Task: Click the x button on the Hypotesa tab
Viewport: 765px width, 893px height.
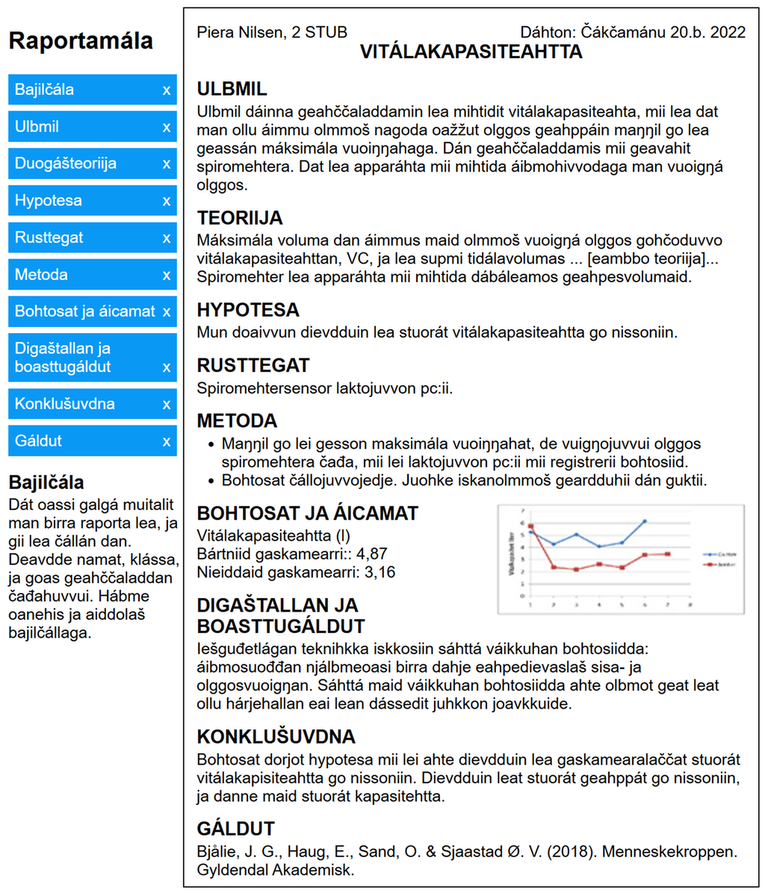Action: pos(167,201)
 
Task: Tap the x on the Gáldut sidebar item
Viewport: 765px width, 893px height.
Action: pos(167,441)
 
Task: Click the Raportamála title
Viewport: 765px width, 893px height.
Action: pos(81,40)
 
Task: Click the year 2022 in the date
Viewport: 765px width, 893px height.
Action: pos(728,32)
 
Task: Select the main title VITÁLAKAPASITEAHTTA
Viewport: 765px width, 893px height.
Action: pos(471,52)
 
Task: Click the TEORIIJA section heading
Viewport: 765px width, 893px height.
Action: pos(240,218)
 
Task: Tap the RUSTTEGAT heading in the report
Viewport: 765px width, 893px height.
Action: pos(253,365)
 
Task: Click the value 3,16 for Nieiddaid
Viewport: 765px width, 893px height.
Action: pos(380,573)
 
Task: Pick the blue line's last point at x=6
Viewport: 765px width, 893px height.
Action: pos(644,521)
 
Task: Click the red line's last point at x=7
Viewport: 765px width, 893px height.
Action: pos(667,553)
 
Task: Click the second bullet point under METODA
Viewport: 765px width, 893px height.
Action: pos(463,480)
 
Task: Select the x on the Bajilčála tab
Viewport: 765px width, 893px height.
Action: pos(167,90)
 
